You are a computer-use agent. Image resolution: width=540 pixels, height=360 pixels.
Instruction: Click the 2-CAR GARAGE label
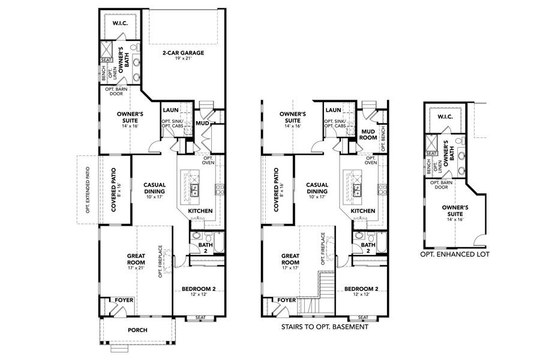pos(183,53)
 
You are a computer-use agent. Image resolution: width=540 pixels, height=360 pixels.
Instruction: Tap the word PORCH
pos(137,330)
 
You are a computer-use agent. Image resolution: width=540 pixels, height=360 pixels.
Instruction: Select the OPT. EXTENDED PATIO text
pos(88,190)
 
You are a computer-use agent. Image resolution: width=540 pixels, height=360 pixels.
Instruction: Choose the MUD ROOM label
pos(368,133)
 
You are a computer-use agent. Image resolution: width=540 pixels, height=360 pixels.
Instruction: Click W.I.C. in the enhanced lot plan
pos(445,116)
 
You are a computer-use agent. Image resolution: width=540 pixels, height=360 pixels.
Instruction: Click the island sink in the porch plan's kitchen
pos(196,191)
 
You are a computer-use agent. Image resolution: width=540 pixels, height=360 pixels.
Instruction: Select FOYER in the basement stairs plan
pos(287,300)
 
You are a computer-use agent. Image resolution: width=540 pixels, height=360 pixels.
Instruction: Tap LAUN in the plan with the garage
pos(171,110)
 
